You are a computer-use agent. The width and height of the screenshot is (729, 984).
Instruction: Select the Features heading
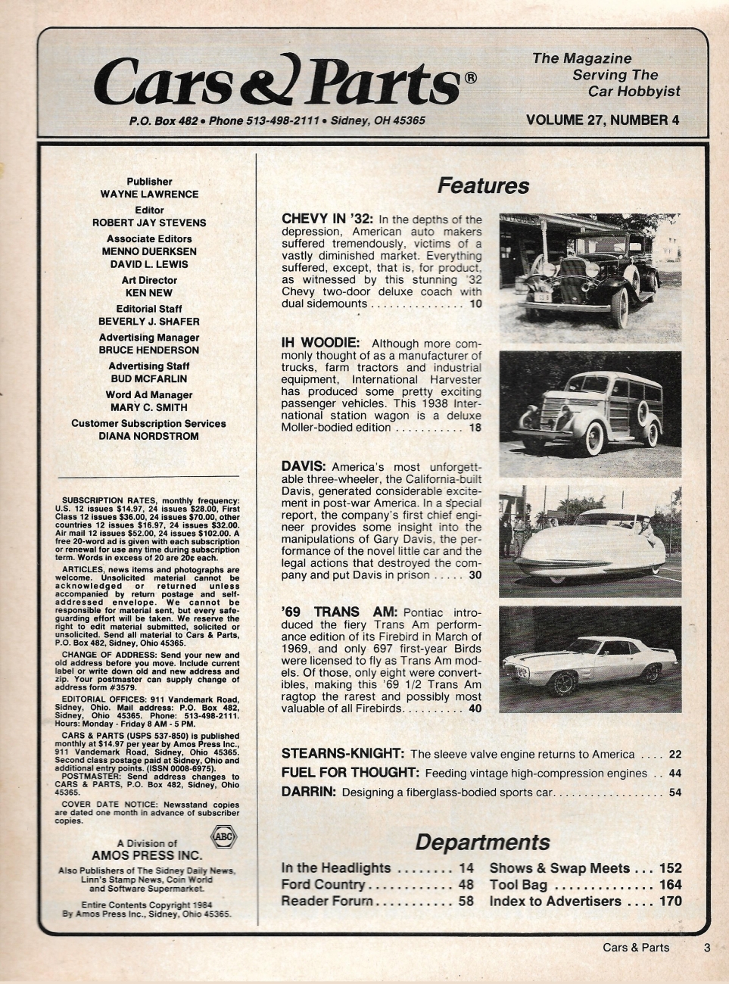pos(483,185)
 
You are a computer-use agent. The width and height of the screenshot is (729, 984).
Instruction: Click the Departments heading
pos(482,842)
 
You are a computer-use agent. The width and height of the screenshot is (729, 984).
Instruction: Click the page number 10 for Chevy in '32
pos(475,304)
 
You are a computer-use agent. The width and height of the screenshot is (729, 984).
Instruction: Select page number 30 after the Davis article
pos(475,575)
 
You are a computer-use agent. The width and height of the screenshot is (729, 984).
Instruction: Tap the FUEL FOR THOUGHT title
pos(350,773)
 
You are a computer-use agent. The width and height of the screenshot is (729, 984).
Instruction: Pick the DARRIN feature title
pos(308,792)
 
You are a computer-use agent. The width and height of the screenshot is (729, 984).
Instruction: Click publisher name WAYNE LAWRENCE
pos(150,194)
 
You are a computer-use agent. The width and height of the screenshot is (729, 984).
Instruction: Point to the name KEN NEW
pos(150,292)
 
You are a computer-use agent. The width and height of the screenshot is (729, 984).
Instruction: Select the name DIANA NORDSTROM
pos(150,436)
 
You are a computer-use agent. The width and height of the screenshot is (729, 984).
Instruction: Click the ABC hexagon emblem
pos(224,837)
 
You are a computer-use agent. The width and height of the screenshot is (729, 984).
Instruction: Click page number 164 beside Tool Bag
pos(670,885)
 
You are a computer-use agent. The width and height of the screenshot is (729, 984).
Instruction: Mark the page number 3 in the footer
pos(706,947)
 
